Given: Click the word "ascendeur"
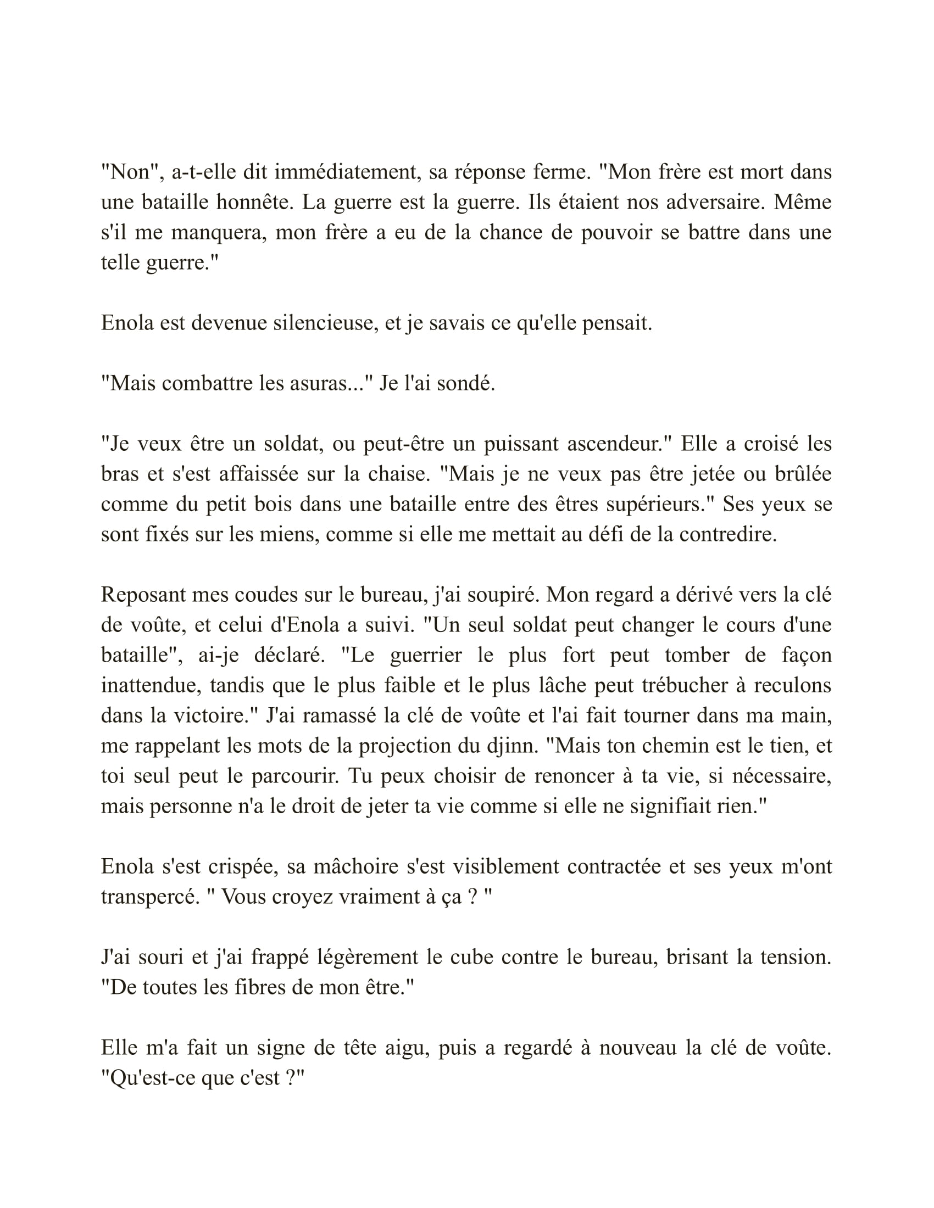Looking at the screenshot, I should (619, 444).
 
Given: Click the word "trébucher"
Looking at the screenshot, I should (684, 685).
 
